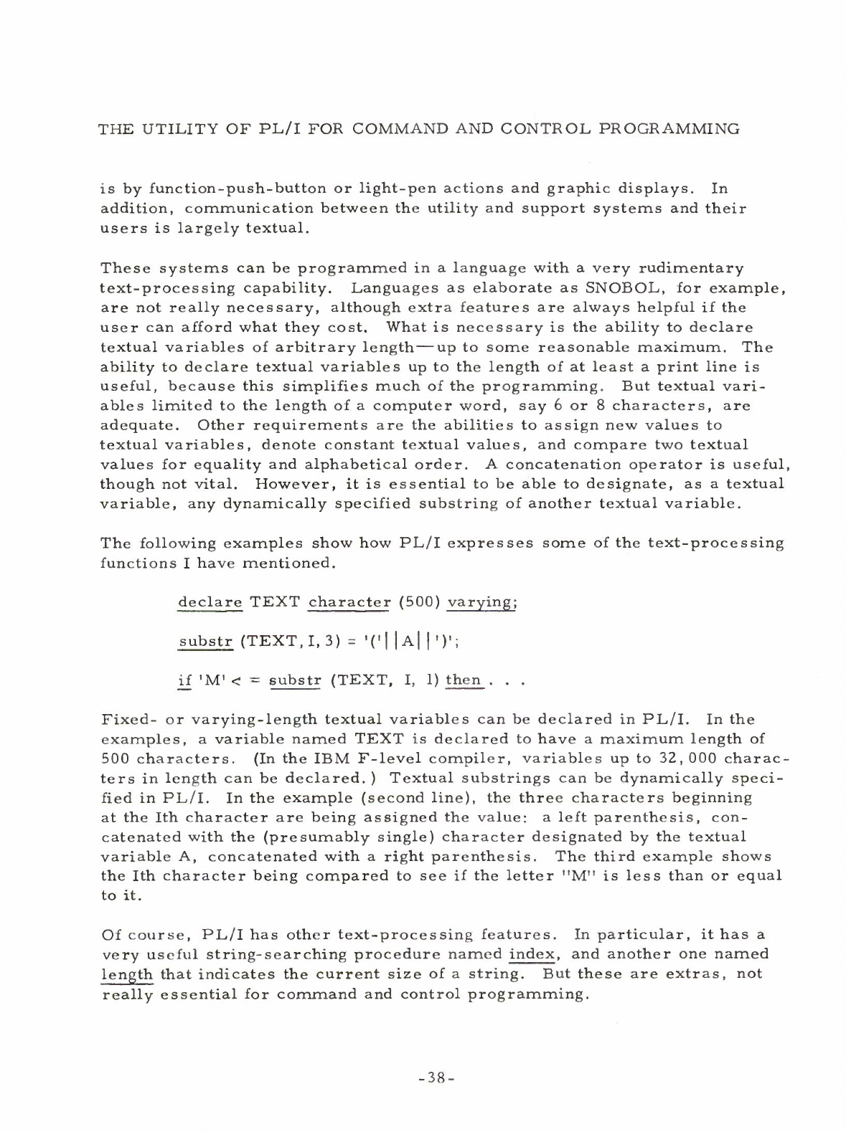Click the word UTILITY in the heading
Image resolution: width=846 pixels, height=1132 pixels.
pos(167,130)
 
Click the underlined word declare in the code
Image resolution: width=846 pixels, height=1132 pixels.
pos(210,601)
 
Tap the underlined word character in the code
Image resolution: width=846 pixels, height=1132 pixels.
pos(348,601)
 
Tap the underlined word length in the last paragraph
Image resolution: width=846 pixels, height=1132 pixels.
pos(127,974)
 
